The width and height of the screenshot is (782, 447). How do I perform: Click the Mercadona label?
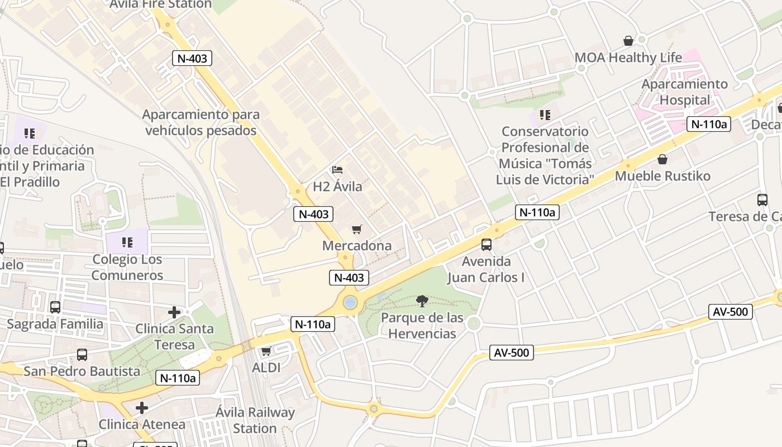357,246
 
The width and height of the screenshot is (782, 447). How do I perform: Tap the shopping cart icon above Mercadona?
357,229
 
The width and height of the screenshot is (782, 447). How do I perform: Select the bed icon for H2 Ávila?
337,170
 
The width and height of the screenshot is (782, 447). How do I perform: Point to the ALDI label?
266,368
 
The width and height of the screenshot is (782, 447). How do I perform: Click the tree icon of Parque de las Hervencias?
422,301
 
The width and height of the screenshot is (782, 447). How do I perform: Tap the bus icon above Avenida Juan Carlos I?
487,245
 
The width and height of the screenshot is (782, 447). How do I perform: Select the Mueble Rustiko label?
662,176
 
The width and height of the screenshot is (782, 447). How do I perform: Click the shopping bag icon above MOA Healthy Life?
628,41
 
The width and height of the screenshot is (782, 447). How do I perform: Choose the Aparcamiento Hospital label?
684,92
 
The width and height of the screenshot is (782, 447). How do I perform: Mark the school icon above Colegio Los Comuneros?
127,242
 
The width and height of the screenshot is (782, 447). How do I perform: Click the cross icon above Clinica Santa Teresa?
174,312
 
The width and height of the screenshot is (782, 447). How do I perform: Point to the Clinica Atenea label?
142,424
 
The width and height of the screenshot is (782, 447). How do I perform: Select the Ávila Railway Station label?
255,421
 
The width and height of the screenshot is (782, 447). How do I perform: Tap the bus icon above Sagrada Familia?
55,307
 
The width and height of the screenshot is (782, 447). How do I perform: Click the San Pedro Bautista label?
82,371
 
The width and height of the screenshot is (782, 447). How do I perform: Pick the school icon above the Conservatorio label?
545,115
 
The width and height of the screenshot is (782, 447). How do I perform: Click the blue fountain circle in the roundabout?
350,303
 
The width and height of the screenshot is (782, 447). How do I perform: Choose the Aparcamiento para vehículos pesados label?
201,122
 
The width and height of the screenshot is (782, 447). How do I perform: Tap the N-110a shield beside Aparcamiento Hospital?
709,124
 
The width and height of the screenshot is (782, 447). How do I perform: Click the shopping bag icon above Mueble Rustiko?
662,159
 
